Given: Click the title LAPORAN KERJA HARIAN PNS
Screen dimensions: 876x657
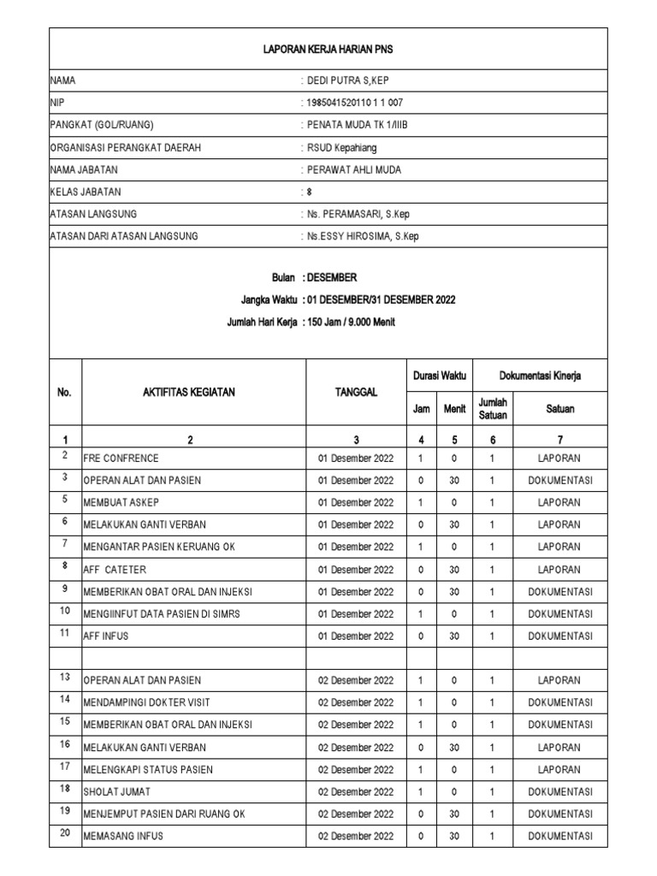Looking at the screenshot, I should (328, 50).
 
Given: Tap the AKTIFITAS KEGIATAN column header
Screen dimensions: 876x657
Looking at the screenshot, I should (190, 393).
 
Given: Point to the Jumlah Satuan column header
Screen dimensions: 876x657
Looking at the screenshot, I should (493, 409).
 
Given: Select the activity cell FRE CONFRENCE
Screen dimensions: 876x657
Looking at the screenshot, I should (121, 459).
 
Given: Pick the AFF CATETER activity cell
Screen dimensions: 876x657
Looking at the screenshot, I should (115, 570).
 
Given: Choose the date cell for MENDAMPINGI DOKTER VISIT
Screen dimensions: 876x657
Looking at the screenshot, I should (356, 703).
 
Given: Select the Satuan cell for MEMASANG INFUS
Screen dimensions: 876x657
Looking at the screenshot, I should (559, 837).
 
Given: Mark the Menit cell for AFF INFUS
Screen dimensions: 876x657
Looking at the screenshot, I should (454, 636).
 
